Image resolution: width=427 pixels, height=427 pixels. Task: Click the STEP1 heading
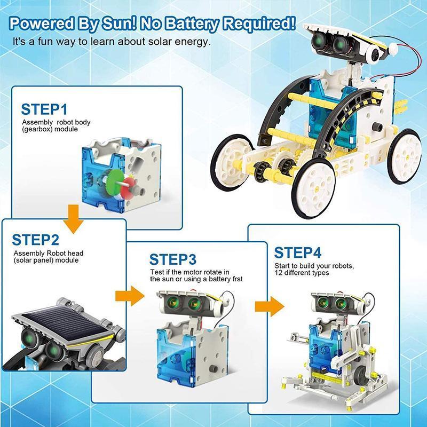coord(44,109)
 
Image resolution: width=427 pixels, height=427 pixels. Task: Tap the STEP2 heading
coord(35,240)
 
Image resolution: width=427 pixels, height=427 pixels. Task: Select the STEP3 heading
coord(172,259)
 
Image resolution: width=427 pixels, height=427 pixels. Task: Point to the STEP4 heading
coord(298,252)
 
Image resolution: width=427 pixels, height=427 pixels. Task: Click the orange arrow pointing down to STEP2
coord(73,219)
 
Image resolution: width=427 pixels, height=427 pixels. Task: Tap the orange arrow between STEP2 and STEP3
coord(130,296)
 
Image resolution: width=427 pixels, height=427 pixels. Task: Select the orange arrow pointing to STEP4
coord(270,306)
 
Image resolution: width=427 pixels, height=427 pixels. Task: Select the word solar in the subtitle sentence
coord(160,42)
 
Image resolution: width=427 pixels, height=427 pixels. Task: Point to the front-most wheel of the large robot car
coord(313,188)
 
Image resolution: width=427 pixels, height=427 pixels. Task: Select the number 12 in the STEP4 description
coord(278,273)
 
